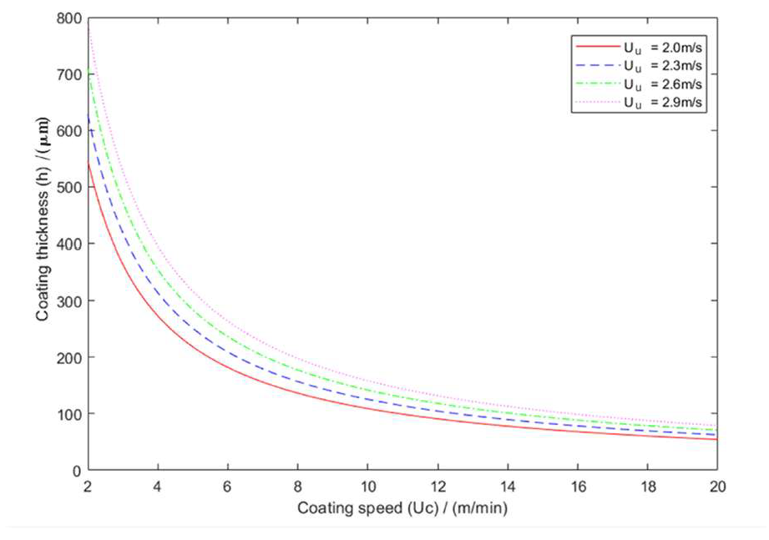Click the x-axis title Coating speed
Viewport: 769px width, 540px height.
click(x=402, y=507)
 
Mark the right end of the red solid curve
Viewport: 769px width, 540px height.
click(x=716, y=440)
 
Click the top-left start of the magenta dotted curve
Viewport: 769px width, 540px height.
click(x=89, y=28)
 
